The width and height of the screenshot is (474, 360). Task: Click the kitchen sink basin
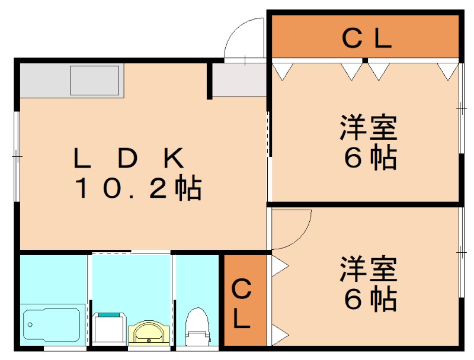[95, 81]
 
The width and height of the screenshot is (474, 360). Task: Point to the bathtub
[52, 324]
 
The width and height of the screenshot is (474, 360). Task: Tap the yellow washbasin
[148, 333]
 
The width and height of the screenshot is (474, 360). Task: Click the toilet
[195, 329]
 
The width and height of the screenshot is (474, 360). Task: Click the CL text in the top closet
[367, 39]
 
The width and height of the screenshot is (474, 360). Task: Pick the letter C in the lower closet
[241, 290]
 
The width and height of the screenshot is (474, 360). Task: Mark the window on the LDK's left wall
[17, 156]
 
